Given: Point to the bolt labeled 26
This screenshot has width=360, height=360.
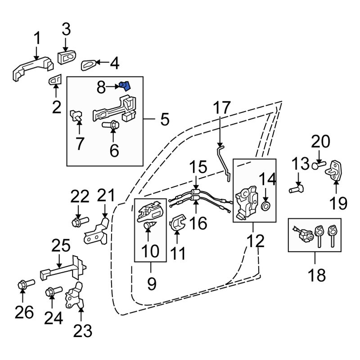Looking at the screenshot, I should click(x=22, y=285).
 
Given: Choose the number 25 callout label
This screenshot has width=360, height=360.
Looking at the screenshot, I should click(x=61, y=246).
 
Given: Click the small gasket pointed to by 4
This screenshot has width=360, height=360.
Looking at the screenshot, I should click(x=89, y=65).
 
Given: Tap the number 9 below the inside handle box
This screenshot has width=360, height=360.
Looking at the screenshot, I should click(x=152, y=283).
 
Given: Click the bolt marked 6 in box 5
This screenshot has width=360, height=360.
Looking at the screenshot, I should click(x=111, y=125).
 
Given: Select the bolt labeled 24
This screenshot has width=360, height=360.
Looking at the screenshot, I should click(x=50, y=292).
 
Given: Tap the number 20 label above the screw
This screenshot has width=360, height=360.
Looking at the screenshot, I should click(x=321, y=143).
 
